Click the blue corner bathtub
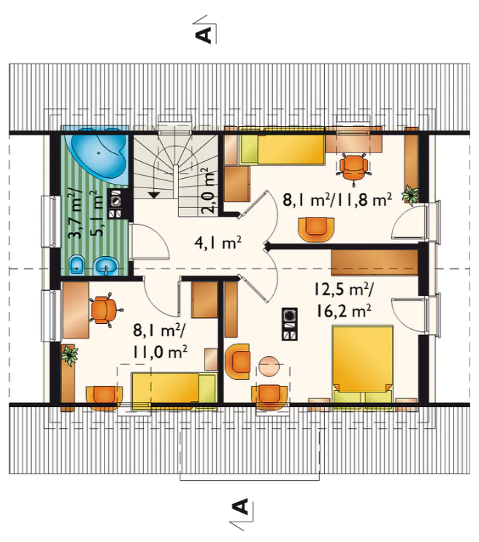(99, 154)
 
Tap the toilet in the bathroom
(77, 265)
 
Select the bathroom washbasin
(107, 266)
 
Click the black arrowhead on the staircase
(154, 195)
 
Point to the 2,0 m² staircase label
(209, 190)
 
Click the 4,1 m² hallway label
(218, 243)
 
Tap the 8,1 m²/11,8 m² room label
(337, 200)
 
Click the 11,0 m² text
(160, 352)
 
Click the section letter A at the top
(204, 34)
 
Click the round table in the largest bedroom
(269, 366)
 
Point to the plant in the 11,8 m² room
(410, 195)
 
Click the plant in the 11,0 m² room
(70, 355)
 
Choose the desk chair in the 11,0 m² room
(105, 309)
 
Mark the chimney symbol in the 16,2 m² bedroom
(289, 324)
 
